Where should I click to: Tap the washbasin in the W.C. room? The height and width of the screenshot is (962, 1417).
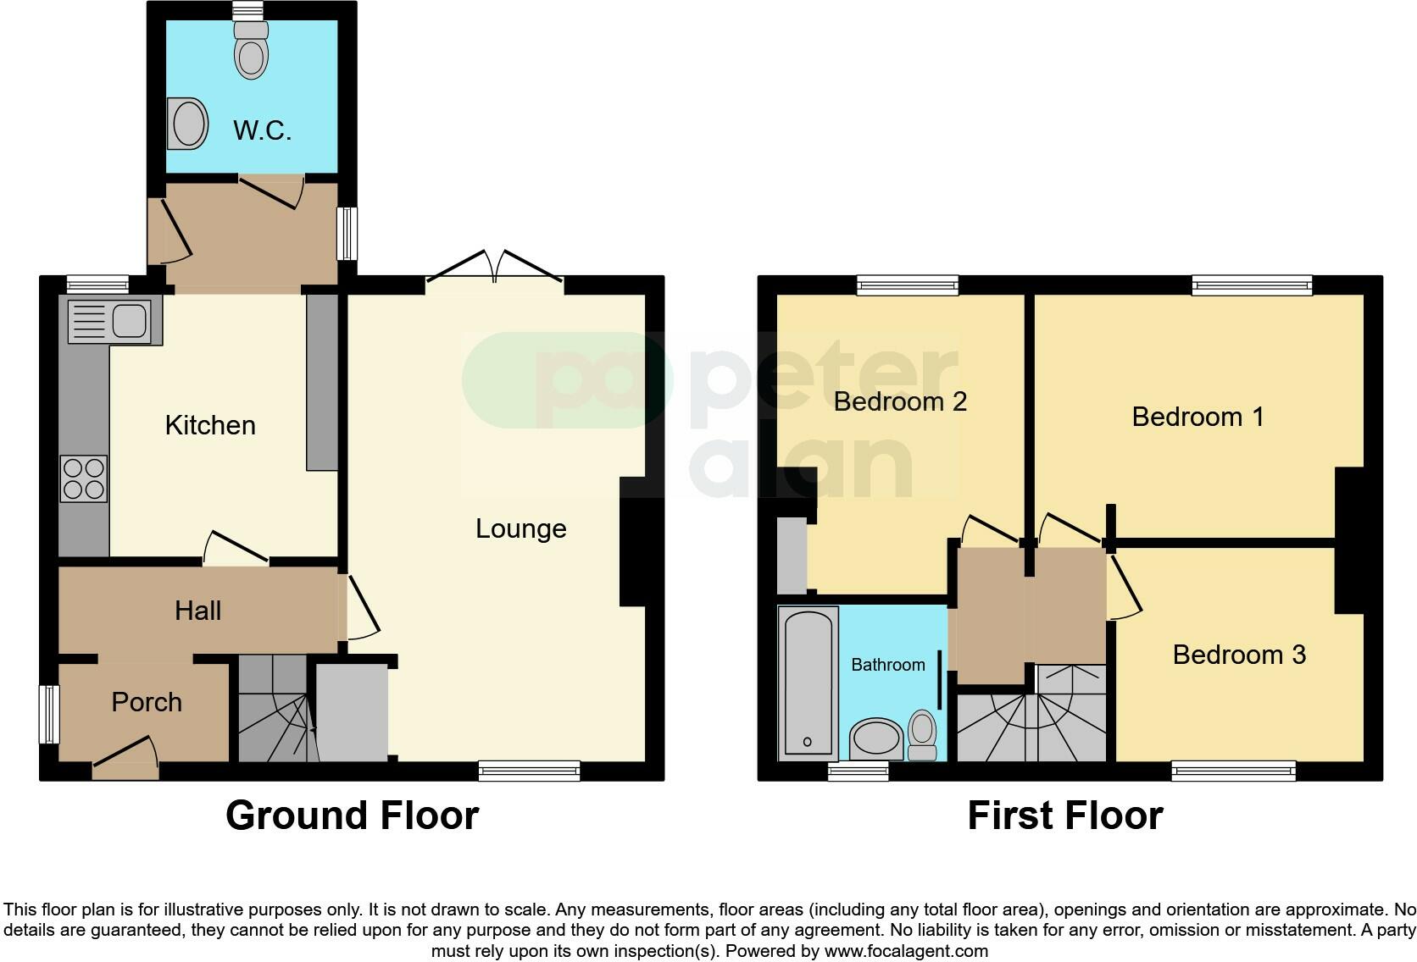188,124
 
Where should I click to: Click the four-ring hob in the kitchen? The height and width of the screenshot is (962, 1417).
84,478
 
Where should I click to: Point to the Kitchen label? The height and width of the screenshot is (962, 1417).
210,425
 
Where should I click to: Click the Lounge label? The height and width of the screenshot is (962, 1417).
520,528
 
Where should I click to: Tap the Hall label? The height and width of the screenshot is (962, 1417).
197,611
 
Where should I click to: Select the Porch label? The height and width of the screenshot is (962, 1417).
147,702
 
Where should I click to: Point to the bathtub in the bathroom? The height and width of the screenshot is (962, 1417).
808,683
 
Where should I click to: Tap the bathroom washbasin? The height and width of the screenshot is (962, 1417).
875,740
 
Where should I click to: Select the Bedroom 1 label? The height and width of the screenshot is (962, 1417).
1198,417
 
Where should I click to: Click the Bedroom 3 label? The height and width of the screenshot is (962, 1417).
1239,655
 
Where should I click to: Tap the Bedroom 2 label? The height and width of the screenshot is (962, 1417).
900,401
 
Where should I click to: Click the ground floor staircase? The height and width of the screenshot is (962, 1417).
273,711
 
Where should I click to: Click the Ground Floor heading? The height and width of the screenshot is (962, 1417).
352,815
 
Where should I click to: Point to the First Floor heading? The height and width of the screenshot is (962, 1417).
1064,815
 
